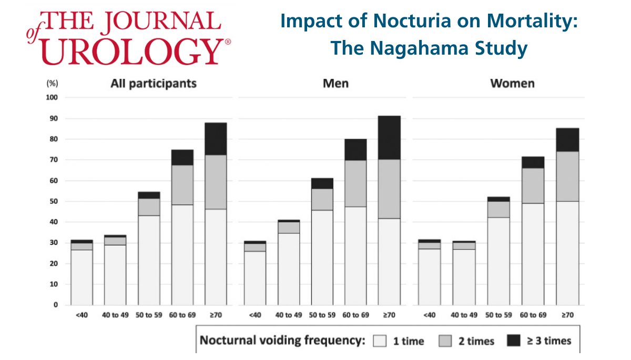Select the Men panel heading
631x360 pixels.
[x=335, y=84]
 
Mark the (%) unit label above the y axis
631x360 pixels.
[x=52, y=84]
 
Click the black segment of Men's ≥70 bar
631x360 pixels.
[x=389, y=137]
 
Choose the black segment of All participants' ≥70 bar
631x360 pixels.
[x=216, y=138]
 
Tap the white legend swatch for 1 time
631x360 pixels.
[x=380, y=341]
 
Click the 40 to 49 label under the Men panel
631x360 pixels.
[x=288, y=315]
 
